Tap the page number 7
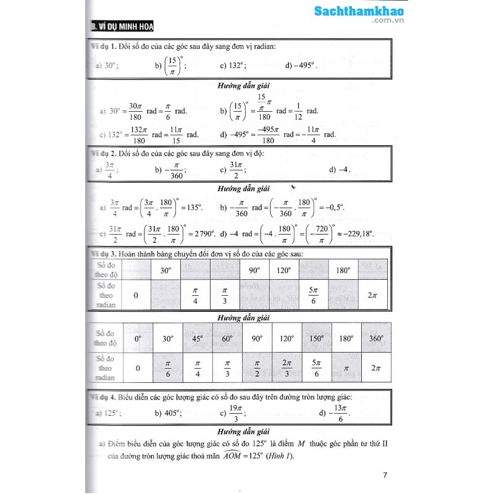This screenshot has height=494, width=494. click(385, 475)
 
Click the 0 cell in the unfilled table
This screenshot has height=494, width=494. click(137, 296)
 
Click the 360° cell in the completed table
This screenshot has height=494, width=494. click(373, 338)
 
